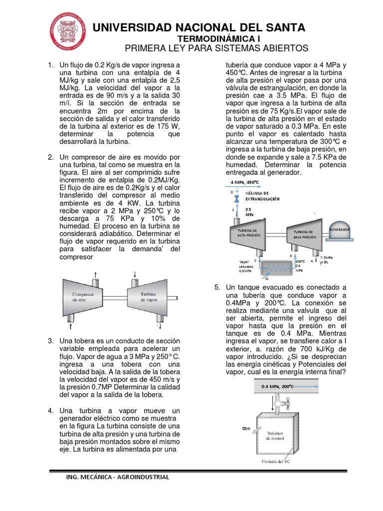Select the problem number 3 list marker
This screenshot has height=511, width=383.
(x=50, y=341)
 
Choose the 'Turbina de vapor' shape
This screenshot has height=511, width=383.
(x=148, y=297)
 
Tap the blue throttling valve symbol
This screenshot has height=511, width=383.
(x=237, y=199)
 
